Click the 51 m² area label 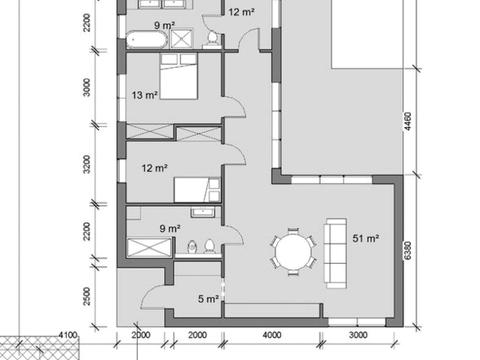pyautogui.click(x=366, y=238)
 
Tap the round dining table pyautogui.click(x=293, y=251)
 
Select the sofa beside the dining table pyautogui.click(x=336, y=253)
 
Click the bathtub pyautogui.click(x=146, y=40)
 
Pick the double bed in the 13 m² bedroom pyautogui.click(x=179, y=77)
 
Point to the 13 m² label pyautogui.click(x=144, y=95)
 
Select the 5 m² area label pyautogui.click(x=208, y=299)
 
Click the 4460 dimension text pyautogui.click(x=407, y=121)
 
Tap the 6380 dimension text pyautogui.click(x=407, y=251)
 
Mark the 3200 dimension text pyautogui.click(x=86, y=164)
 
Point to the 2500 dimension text pyautogui.click(x=86, y=296)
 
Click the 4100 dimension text pyautogui.click(x=68, y=335)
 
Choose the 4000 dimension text pyautogui.click(x=272, y=335)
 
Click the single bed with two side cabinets pyautogui.click(x=197, y=190)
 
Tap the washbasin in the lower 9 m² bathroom pyautogui.click(x=202, y=212)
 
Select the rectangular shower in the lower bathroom pyautogui.click(x=149, y=248)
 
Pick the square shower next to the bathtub pyautogui.click(x=181, y=39)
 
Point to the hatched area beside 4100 pyautogui.click(x=40, y=348)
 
